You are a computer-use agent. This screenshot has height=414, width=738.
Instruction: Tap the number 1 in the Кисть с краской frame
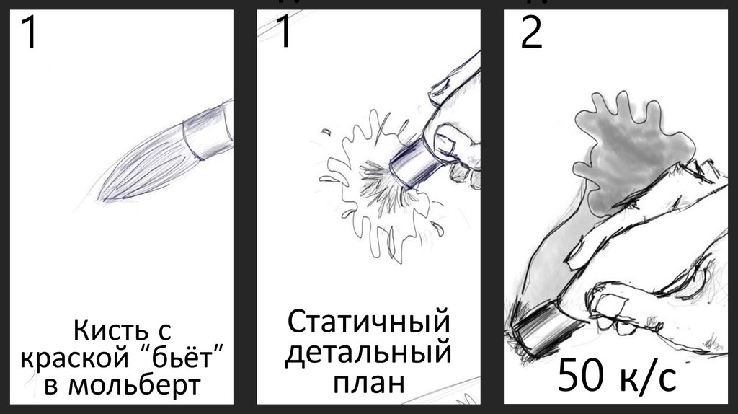29,32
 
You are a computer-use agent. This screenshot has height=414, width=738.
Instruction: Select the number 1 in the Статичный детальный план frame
283,32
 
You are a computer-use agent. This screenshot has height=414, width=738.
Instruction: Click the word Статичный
368,322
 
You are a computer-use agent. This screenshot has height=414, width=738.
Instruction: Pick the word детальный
368,352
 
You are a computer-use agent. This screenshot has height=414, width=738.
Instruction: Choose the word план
368,382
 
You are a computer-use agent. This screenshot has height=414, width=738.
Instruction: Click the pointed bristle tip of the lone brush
100,199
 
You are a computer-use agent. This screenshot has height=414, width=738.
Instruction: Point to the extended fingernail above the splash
439,87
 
